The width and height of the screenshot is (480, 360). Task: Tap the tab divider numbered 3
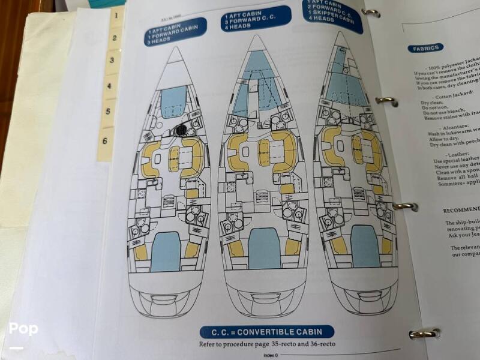[x=111, y=61]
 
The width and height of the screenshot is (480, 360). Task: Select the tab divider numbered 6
[x=106, y=142]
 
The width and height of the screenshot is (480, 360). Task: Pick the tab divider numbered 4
[x=109, y=86]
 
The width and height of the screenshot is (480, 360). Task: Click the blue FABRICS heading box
[x=425, y=48]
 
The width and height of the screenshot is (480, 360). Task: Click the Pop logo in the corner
[x=23, y=329]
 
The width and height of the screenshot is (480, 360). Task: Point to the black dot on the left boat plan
[x=181, y=130]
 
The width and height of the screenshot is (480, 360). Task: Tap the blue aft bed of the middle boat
[x=265, y=247]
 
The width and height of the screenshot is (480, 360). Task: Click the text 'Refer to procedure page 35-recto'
[x=266, y=344]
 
